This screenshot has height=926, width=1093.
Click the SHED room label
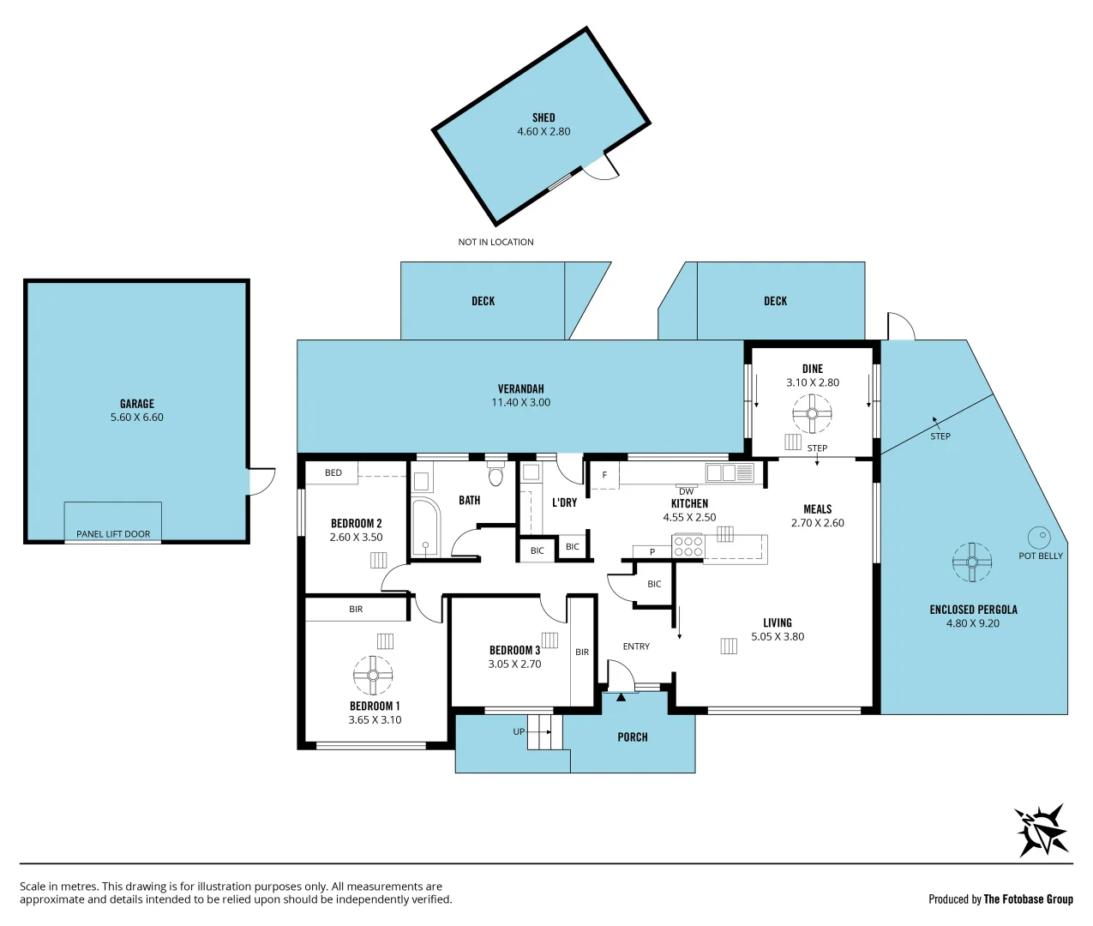click(543, 117)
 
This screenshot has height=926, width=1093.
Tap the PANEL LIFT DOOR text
click(113, 534)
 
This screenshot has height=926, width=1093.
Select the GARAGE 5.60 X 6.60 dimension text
click(137, 418)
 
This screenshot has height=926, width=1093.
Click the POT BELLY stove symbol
click(1039, 538)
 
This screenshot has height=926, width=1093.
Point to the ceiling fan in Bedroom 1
click(373, 676)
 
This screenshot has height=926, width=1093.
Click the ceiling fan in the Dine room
click(812, 414)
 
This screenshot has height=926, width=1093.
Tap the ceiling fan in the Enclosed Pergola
click(972, 562)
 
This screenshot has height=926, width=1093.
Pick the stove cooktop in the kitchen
click(688, 546)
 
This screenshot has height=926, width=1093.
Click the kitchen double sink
click(730, 472)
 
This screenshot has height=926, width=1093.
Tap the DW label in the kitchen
click(686, 491)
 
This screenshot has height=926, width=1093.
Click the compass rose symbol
click(1042, 830)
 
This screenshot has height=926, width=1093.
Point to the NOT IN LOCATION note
click(495, 242)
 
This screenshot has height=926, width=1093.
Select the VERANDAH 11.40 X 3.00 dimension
click(521, 402)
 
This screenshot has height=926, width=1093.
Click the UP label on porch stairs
click(519, 731)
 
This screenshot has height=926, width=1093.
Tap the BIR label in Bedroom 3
click(582, 652)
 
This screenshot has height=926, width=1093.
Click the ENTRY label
click(636, 646)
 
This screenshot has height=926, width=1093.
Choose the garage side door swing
click(261, 481)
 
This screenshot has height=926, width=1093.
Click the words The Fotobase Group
click(1028, 899)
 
